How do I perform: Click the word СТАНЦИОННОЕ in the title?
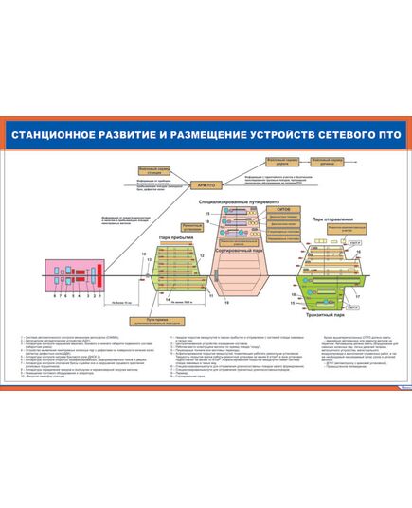coord(57,134)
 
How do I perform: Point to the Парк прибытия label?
coord(174,236)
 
